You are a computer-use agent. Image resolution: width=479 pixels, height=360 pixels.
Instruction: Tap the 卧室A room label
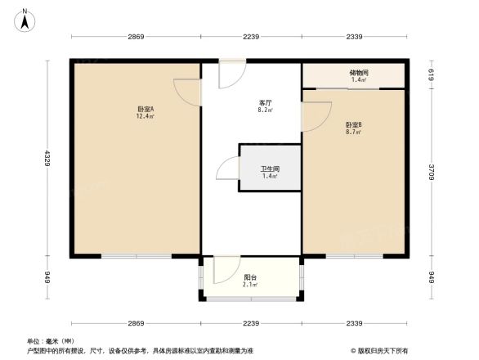146,109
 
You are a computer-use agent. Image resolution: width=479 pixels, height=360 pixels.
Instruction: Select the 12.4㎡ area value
146,116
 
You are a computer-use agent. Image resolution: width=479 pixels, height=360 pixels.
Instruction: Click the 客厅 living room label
265,102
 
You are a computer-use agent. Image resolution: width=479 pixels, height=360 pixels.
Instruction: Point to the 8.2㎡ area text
265,110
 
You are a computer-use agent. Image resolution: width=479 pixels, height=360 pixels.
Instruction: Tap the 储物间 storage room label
359,73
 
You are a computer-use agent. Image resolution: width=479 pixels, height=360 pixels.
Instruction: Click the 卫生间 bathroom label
269,169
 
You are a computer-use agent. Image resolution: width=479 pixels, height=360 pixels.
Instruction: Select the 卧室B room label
354,124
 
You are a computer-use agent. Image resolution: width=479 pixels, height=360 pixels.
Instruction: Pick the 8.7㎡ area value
354,132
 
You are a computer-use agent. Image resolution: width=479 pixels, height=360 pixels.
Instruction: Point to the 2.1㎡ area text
251,286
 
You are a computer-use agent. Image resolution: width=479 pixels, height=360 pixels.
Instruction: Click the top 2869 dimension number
136,37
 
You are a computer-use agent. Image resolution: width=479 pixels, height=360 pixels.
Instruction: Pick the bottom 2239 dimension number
251,323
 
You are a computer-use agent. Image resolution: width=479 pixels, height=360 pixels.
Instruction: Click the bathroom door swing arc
226,169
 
